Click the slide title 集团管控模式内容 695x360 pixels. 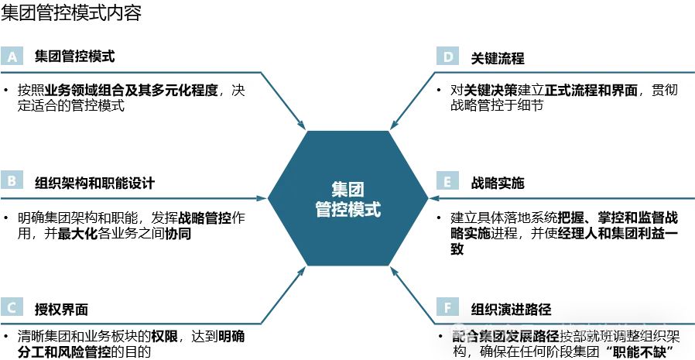(x=72, y=13)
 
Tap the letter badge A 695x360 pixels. (x=12, y=57)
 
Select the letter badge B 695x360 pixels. (x=12, y=182)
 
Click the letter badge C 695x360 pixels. (x=12, y=307)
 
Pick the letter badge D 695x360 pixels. (x=447, y=57)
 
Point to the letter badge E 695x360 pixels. (x=447, y=182)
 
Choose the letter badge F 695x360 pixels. (x=447, y=307)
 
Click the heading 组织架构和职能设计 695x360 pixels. (x=94, y=183)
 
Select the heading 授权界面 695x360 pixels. (x=61, y=309)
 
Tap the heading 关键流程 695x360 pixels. (x=498, y=57)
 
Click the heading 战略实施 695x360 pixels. (x=498, y=183)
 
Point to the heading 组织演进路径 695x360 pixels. (x=511, y=309)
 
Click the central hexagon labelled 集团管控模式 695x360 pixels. (x=347, y=198)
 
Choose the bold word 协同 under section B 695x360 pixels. (x=178, y=233)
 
